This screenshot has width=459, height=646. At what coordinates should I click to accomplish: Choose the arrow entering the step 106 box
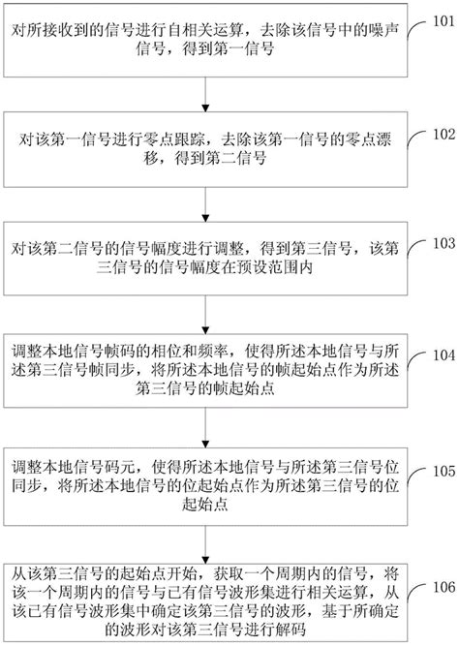click(204, 543)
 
